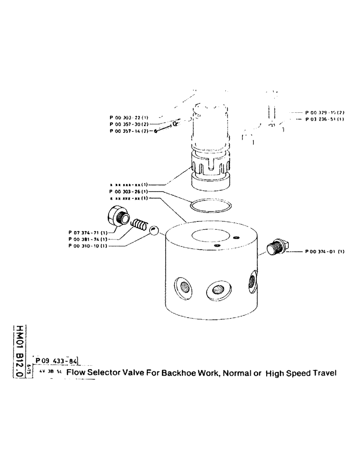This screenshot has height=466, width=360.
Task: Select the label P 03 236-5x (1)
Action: [x=324, y=119]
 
